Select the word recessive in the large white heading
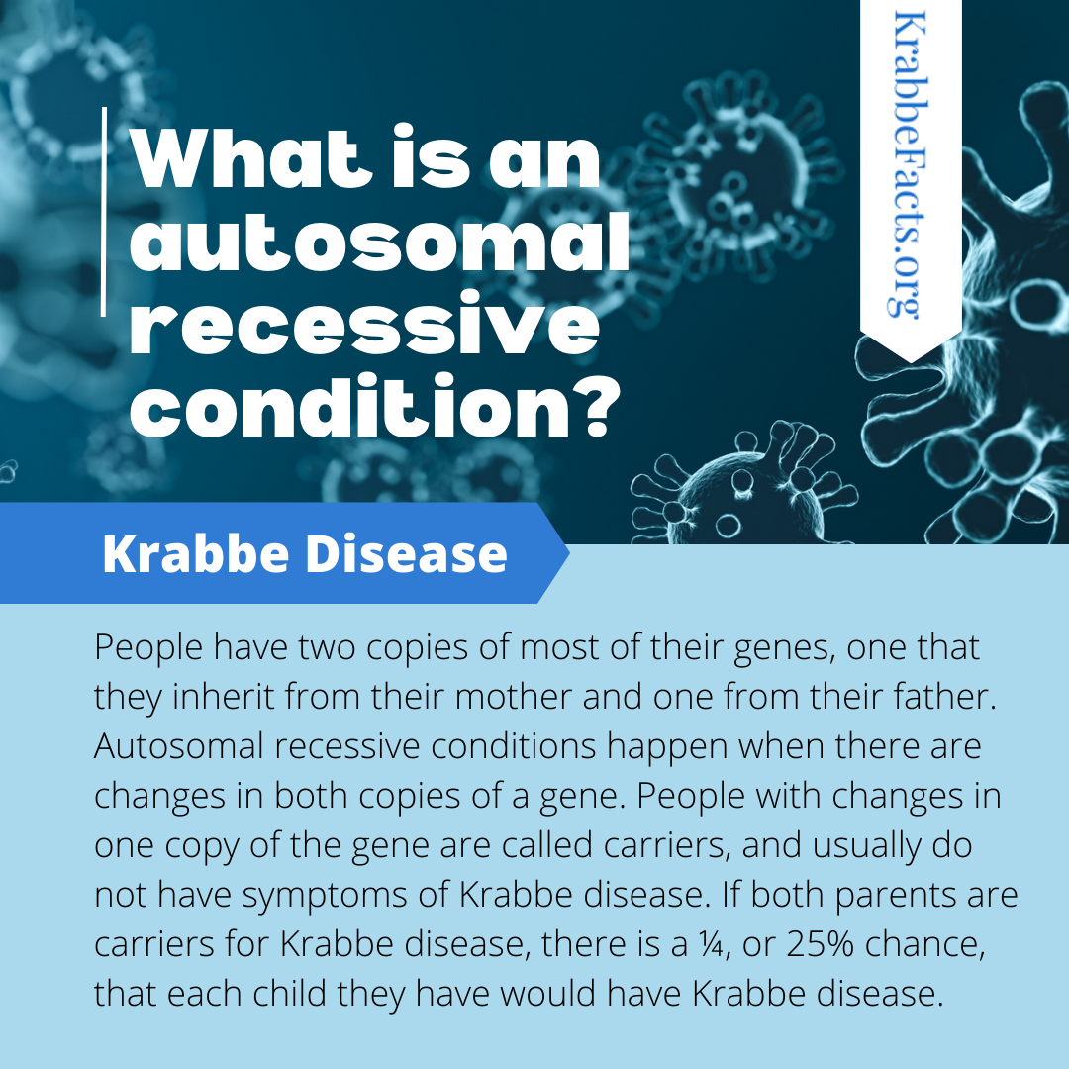click(x=364, y=323)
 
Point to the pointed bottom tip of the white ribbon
click(x=911, y=361)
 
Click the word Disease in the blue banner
click(x=407, y=553)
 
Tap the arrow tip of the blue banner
click(x=568, y=553)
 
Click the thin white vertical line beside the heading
click(x=104, y=212)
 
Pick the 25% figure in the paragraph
click(x=820, y=944)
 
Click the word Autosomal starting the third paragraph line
click(x=178, y=746)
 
